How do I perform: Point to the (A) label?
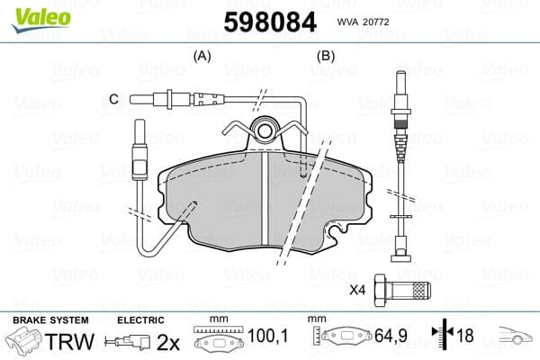point(202,56)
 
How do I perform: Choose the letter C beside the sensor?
point(113,98)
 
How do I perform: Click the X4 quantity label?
point(357,290)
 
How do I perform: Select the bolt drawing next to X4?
point(404,289)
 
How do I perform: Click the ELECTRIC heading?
point(140,319)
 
